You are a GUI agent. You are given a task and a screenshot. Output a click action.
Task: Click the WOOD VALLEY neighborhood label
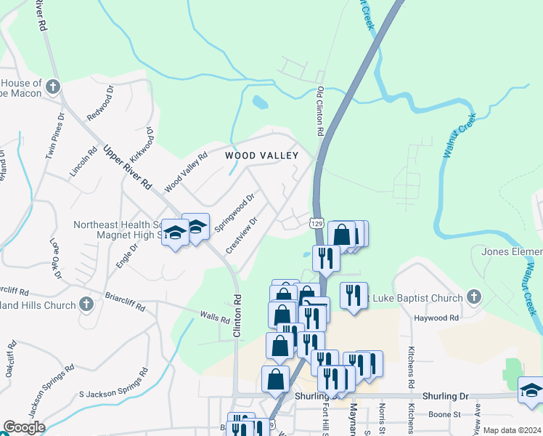click(x=261, y=156)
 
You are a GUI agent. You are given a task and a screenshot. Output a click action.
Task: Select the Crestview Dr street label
click(x=242, y=235)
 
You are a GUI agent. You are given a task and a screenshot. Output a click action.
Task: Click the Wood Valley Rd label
click(x=181, y=177)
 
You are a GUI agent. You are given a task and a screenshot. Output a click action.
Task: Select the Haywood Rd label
click(x=436, y=318)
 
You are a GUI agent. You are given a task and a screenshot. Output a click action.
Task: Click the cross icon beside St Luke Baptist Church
click(x=473, y=296)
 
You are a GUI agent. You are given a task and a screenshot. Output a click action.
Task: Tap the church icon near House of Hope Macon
click(x=52, y=88)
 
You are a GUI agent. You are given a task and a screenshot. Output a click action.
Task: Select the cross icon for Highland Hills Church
click(x=86, y=304)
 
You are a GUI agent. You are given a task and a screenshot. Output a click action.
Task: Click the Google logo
click(x=24, y=427)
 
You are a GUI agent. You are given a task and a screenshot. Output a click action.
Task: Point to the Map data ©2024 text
click(x=512, y=430)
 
